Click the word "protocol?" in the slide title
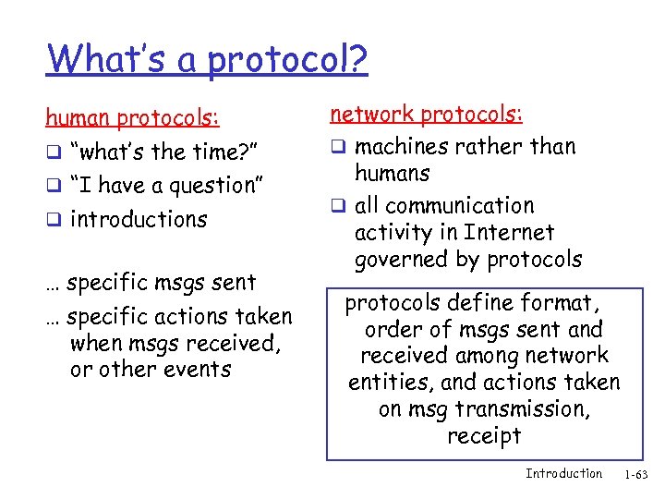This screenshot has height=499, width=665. point(287,61)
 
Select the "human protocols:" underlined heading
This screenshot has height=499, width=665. point(133,118)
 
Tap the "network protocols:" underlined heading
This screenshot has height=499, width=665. point(426,115)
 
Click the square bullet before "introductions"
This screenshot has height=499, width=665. point(54,221)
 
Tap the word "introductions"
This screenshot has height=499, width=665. point(139,220)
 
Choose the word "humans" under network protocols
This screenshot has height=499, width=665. point(392,173)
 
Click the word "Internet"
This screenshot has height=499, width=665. point(511,232)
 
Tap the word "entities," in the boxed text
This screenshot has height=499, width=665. point(391,383)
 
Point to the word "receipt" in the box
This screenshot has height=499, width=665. point(484,435)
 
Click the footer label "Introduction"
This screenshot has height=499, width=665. point(563,474)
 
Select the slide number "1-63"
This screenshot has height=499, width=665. point(636,475)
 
